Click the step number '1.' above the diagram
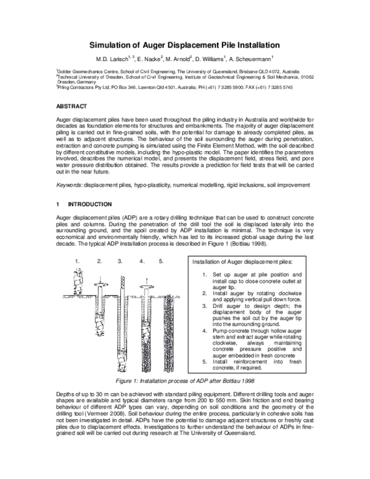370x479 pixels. pos(78,261)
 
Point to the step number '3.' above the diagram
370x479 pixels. pos(120,261)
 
